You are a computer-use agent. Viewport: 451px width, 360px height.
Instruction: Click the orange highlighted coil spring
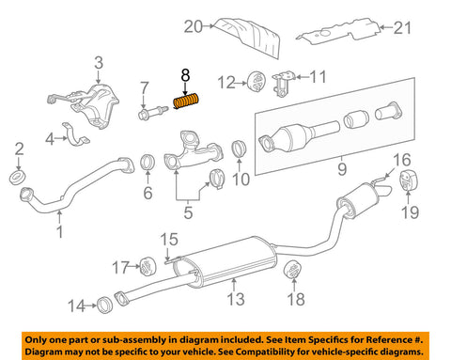(x=187, y=102)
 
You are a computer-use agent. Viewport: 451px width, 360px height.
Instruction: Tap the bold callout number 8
(x=185, y=75)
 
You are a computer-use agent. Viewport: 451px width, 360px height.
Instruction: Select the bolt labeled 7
(x=152, y=112)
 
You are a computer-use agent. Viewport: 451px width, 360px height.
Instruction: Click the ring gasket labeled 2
(x=17, y=178)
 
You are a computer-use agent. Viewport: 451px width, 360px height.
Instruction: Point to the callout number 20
(x=193, y=26)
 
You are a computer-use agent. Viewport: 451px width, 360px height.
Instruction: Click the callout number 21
(x=402, y=28)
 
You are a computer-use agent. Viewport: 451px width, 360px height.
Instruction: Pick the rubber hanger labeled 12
(x=257, y=83)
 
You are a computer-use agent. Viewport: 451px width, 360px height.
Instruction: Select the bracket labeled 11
(x=284, y=84)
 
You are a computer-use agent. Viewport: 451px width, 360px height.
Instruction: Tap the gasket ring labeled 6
(x=148, y=163)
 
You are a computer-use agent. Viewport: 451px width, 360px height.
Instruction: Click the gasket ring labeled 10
(x=239, y=149)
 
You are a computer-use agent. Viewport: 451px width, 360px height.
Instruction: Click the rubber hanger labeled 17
(x=148, y=266)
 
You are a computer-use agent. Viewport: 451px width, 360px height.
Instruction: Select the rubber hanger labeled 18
(x=293, y=269)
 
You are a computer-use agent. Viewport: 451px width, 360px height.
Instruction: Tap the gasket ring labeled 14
(x=104, y=305)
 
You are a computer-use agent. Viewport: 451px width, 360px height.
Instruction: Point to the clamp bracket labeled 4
(x=75, y=134)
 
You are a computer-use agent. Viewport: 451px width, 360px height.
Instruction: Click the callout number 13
(x=236, y=299)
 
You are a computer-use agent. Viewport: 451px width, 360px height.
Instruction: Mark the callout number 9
(x=342, y=168)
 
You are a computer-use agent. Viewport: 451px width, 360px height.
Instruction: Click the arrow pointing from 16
(x=389, y=173)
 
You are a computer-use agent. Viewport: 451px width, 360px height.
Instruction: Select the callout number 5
(x=188, y=212)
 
